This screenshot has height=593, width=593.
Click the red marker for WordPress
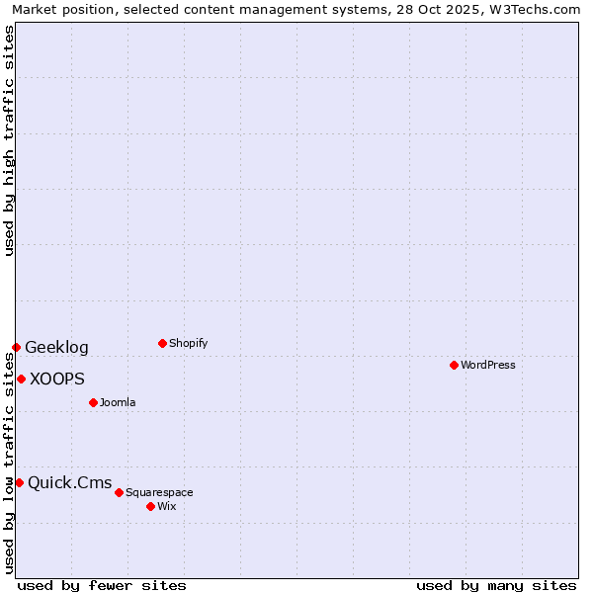454,365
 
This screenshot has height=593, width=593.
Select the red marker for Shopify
162,343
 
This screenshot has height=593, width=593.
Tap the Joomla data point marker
93,402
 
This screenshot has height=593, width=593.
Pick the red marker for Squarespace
119,492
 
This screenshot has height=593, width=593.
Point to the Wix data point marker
150,506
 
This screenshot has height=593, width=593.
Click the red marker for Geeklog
16,347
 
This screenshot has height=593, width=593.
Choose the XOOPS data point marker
21,379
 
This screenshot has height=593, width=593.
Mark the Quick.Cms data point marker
19,482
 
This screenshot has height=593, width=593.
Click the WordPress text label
488,365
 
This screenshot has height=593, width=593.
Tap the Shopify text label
189,343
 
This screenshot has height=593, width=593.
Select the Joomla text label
118,402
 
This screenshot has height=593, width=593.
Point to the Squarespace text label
159,492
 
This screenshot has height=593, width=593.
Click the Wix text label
167,506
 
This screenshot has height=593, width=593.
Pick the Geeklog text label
56,347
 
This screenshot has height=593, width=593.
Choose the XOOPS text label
57,379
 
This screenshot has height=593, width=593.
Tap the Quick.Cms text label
70,482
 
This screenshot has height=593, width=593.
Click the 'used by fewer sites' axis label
102,585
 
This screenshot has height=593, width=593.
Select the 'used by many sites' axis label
496,585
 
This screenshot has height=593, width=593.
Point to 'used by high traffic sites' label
9,140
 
